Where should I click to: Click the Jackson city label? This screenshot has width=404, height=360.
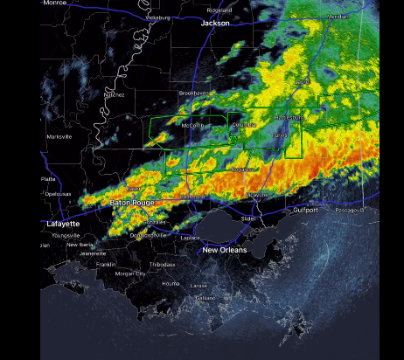(215, 24)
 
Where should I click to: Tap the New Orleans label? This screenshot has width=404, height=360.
(225, 250)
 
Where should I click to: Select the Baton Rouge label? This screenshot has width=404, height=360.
(132, 203)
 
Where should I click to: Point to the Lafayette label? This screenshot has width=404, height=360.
(62, 225)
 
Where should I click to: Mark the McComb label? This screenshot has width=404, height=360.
(192, 125)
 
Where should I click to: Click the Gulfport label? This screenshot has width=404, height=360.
(306, 211)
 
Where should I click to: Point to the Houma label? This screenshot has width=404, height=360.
(171, 283)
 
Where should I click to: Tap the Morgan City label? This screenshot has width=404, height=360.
(130, 273)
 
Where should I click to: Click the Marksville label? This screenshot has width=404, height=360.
(59, 136)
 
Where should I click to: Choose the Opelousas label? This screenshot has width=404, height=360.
(58, 193)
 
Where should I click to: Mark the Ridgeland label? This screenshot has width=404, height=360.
(219, 10)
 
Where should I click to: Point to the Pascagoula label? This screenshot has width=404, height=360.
(353, 211)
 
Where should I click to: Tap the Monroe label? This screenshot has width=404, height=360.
(54, 3)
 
